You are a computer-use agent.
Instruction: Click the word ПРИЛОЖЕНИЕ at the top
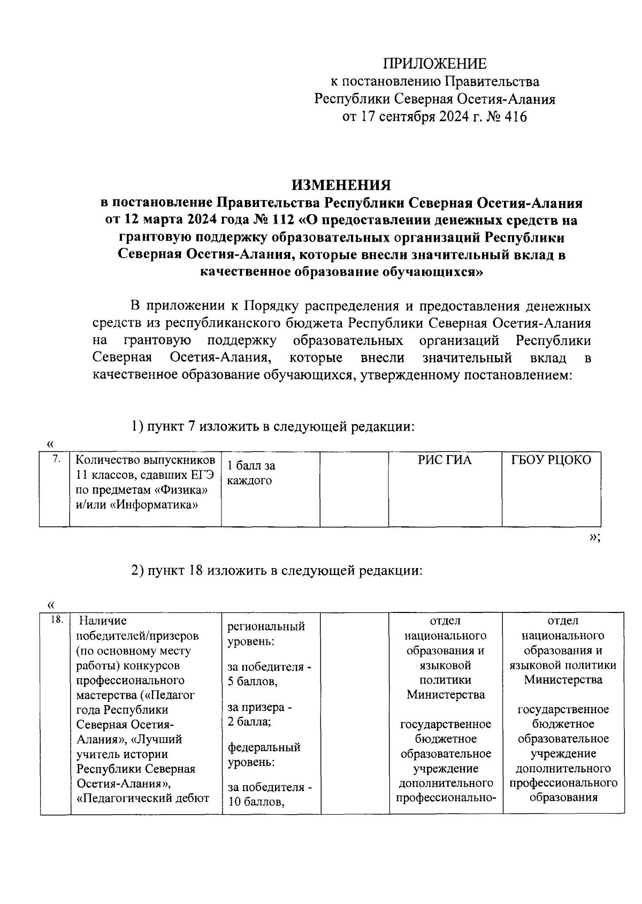pos(434,64)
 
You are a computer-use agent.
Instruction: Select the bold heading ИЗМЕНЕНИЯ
pos(341,185)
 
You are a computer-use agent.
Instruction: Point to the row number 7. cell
pos(54,459)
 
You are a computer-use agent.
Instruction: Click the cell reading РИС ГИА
pos(445,460)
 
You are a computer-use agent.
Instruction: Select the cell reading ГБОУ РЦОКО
pos(551,460)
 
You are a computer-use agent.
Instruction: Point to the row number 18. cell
pos(55,620)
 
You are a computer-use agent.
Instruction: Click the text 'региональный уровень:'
pos(266,633)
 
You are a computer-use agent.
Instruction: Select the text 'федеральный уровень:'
pos(264,754)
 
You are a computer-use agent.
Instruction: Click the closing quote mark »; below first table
pos(594,537)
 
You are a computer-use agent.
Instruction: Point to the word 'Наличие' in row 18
pos(103,620)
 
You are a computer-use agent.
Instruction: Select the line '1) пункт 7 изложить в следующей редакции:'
pos(273,427)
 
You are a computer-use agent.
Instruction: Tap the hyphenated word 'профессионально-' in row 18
pos(446,798)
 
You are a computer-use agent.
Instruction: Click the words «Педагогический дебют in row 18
pos(143,798)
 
